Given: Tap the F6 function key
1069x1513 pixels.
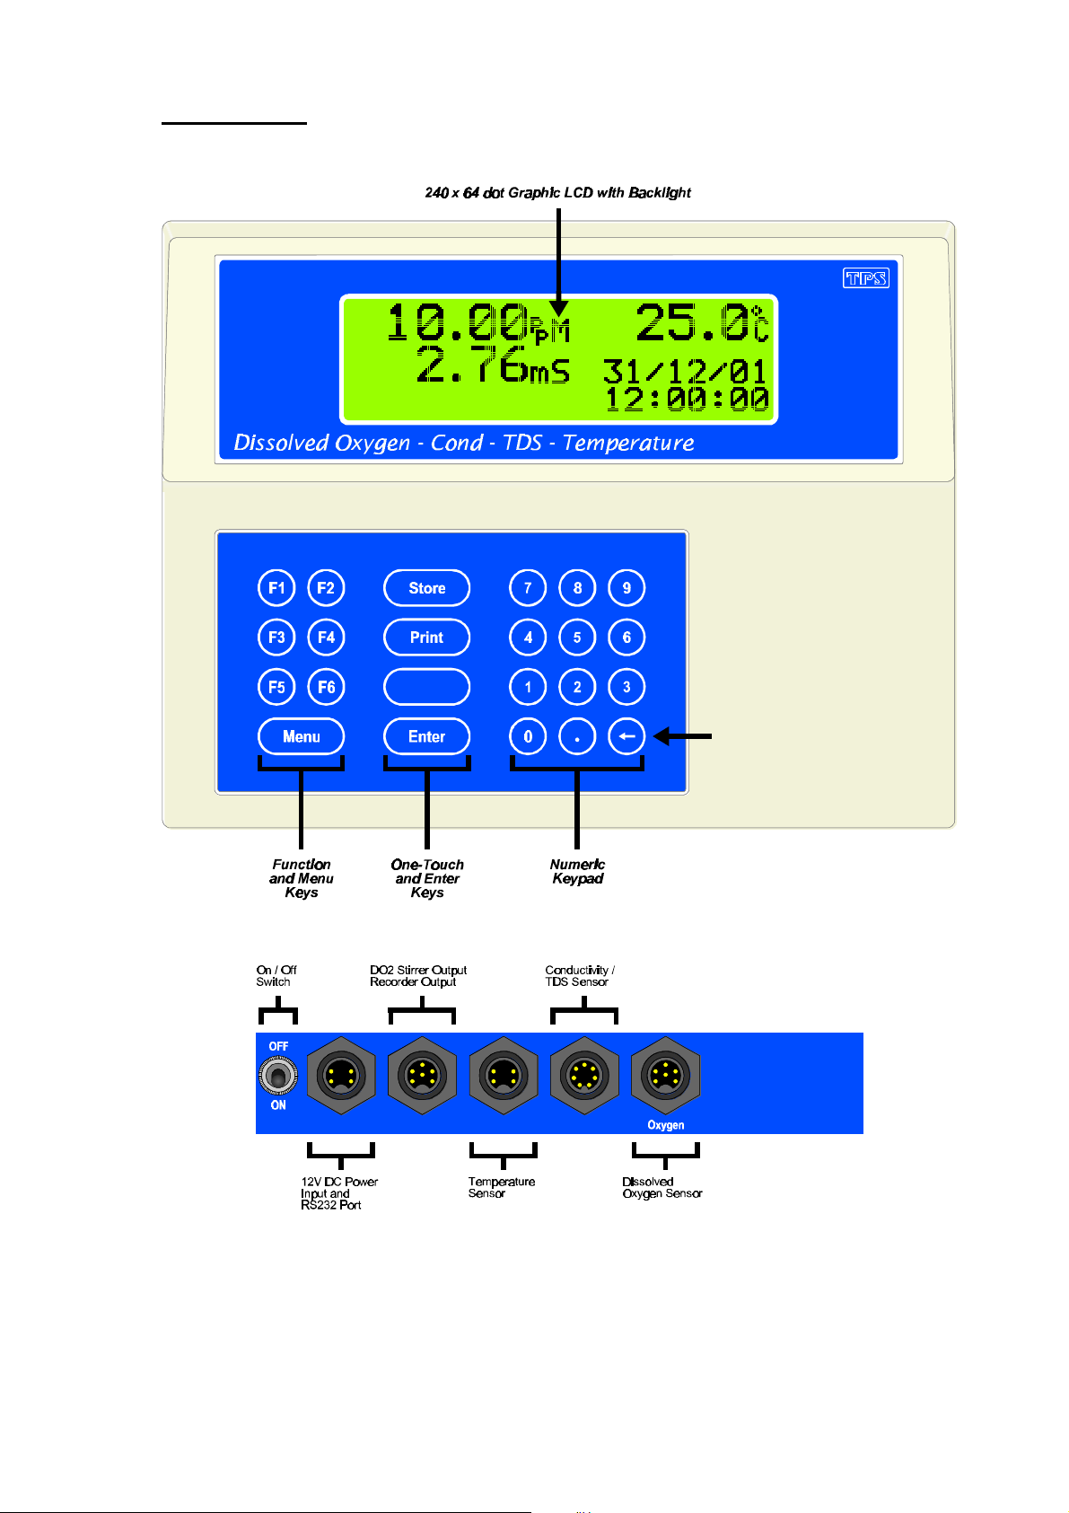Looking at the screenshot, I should pos(326,687).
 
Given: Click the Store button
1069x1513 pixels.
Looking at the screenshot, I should pos(426,588).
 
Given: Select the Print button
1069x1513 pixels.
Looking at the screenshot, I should pos(426,638).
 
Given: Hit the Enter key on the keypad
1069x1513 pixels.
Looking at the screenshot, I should pos(426,736).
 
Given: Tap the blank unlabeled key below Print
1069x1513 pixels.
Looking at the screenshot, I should pos(426,687).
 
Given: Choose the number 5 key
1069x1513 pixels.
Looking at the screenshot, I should pos(577,638).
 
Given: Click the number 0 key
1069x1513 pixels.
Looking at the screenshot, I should pos(528,736).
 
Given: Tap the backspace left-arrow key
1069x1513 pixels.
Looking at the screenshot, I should pos(627,736).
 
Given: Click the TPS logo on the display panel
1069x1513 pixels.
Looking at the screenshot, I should pos(865,278).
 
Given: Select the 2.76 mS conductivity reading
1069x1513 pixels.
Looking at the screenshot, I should pos(492,365).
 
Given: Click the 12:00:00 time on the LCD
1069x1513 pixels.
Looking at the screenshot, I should pos(687,399).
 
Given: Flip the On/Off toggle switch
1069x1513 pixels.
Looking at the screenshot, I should pos(278,1075).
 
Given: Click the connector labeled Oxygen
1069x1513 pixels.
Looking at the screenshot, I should pos(665,1075).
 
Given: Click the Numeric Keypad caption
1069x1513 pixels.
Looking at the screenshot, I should pos(577,871).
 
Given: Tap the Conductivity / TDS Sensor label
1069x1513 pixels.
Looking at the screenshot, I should pos(579,976).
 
